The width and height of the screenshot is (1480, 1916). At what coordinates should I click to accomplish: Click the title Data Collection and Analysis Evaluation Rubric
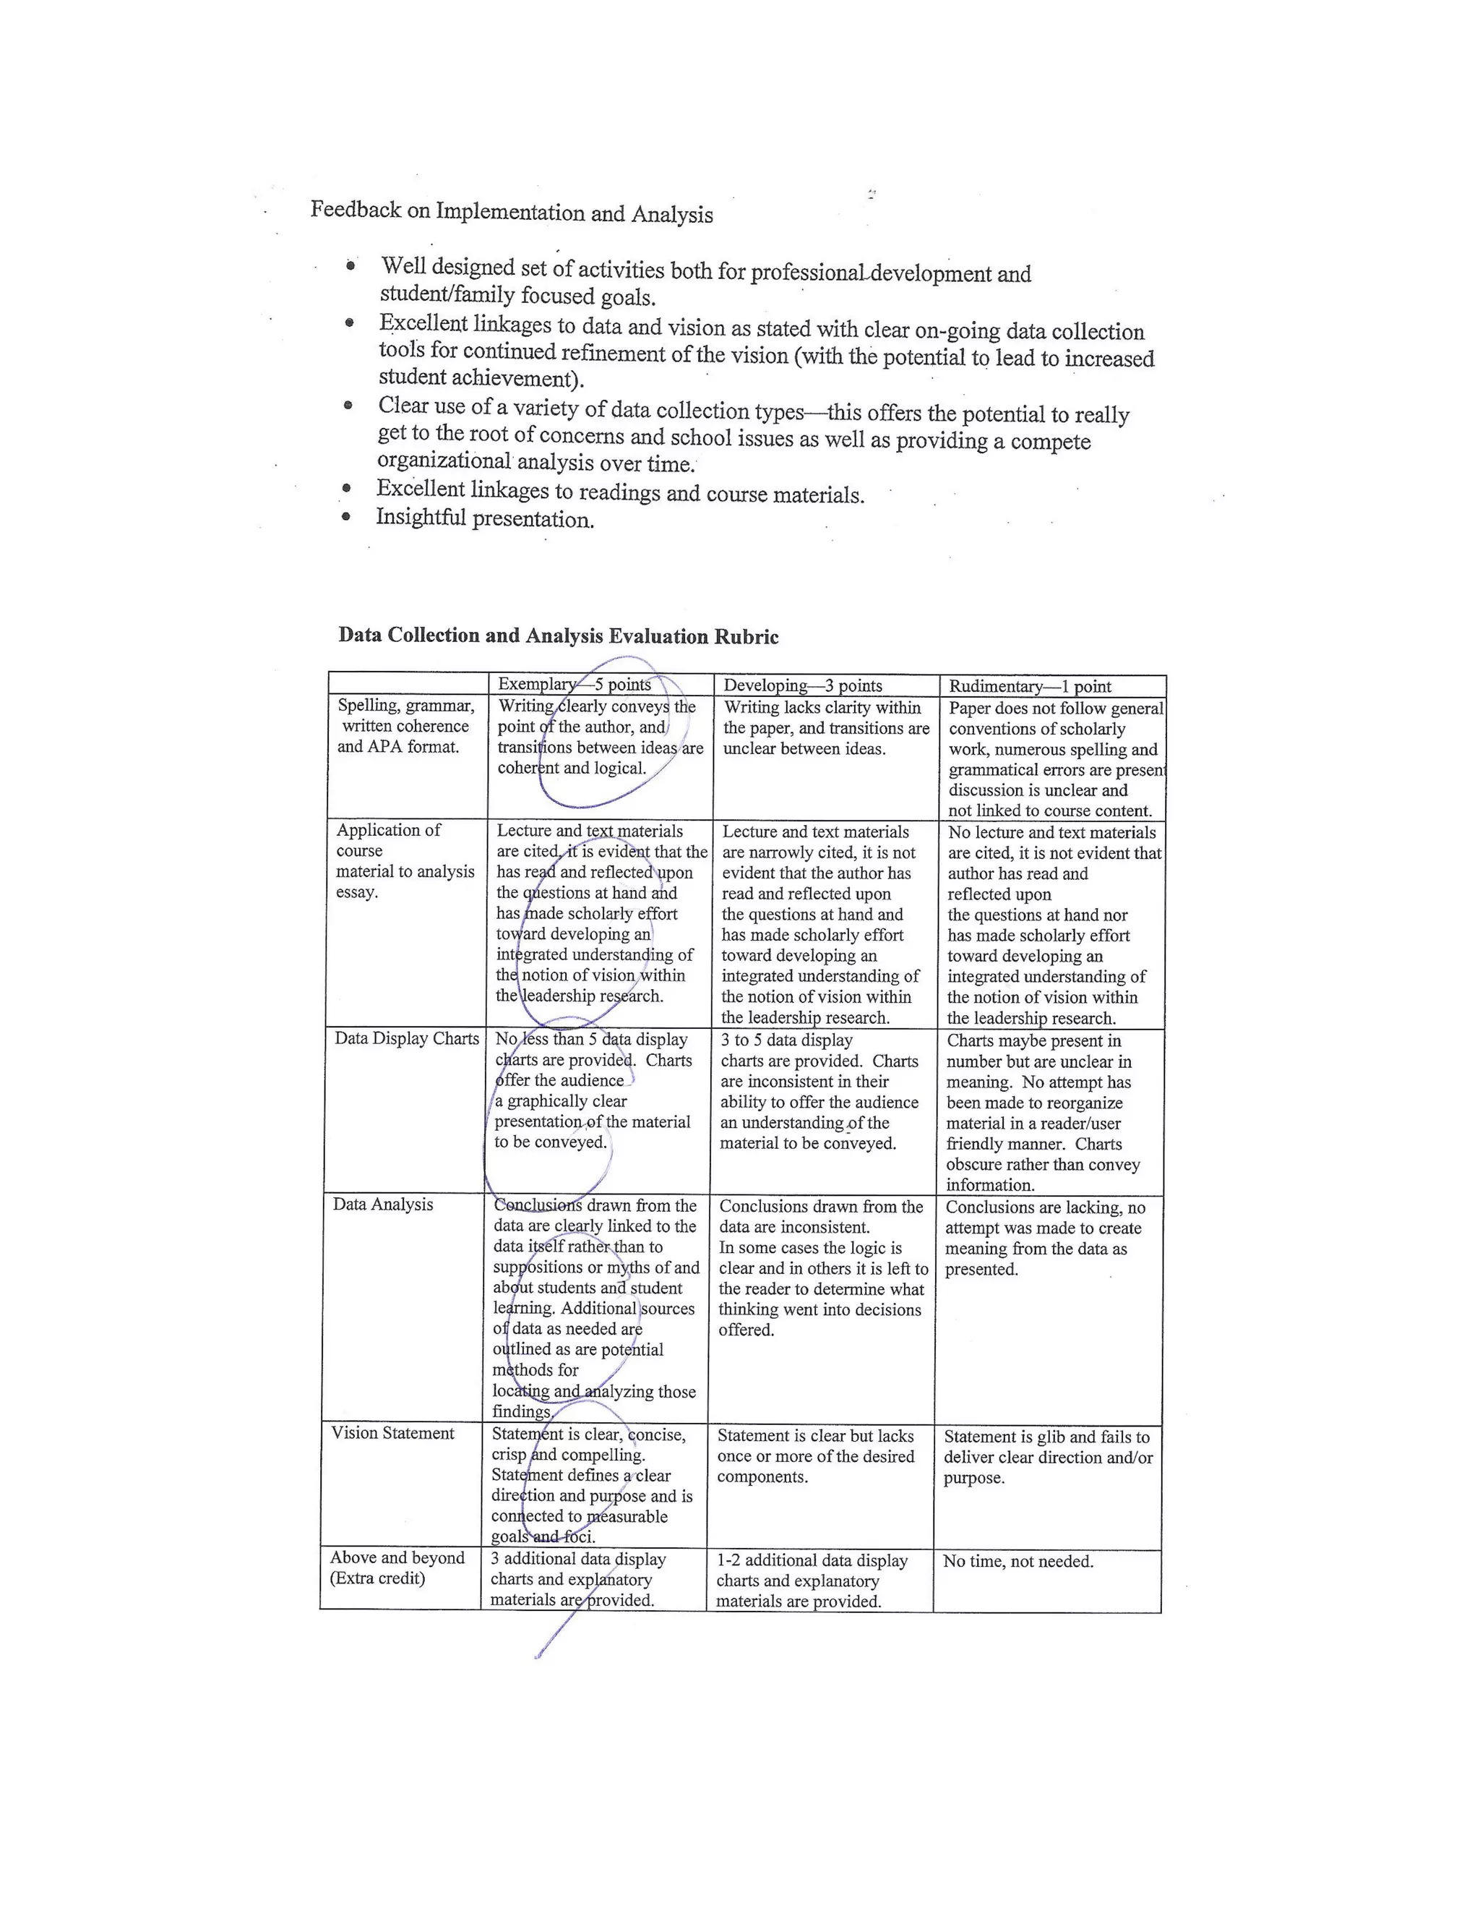(558, 636)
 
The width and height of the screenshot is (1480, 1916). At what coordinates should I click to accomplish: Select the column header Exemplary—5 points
(575, 684)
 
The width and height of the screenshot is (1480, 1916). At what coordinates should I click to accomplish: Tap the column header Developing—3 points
(802, 685)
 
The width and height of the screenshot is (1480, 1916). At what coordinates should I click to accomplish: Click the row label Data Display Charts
(406, 1039)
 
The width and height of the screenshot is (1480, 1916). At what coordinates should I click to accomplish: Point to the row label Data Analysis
(382, 1205)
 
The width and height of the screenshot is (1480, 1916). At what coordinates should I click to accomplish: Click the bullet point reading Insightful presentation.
(485, 518)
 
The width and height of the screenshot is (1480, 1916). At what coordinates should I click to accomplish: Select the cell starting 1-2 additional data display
(811, 1581)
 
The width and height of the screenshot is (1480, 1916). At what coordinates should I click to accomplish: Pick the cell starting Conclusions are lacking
(1044, 1238)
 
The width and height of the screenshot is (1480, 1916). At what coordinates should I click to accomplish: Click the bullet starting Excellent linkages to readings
(620, 492)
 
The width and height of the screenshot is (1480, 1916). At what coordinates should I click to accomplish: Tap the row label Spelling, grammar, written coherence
(405, 727)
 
